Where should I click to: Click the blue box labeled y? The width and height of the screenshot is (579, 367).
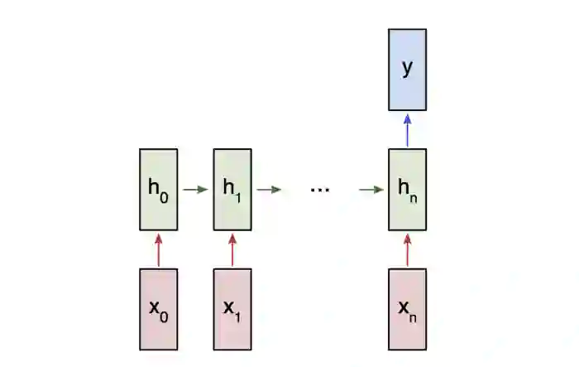pos(407,70)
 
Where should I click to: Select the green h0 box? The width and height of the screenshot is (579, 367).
pos(158,189)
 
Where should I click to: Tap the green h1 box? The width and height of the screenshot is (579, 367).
pos(232,189)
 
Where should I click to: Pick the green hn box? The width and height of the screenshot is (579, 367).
pos(407,189)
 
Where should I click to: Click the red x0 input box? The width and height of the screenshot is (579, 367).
pos(158,308)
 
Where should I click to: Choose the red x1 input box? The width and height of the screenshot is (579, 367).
pos(232,308)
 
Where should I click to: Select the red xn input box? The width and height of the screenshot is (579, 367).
pos(407,308)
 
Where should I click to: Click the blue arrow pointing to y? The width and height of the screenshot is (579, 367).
pos(407,129)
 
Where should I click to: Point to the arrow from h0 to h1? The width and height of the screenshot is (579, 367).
pos(195,189)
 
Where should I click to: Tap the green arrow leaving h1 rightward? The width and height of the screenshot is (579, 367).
pos(269,189)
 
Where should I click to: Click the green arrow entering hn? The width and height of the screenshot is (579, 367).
pos(371,189)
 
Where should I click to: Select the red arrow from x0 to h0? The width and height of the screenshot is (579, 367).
pos(158,249)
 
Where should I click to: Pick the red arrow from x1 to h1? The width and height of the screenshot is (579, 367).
pos(232,249)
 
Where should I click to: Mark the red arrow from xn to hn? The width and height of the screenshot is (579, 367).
pos(407,249)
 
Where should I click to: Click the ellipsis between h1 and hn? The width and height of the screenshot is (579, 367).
pos(319,190)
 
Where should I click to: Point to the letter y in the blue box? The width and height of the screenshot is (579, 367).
pos(407,67)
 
